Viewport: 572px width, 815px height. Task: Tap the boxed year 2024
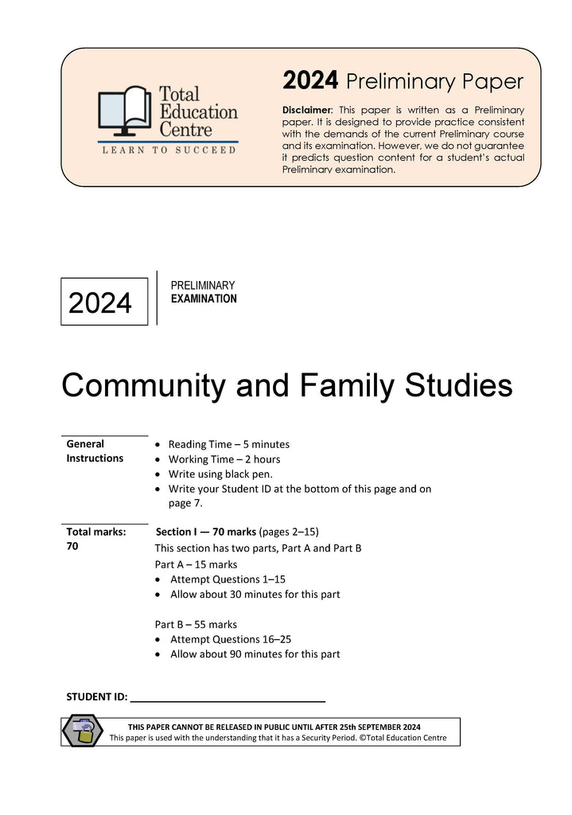[101, 303]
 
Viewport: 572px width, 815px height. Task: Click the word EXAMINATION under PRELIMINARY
[204, 299]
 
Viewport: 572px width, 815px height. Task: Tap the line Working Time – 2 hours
[224, 459]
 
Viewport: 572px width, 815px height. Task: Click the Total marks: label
[96, 532]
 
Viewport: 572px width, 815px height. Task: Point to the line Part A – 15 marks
[192, 564]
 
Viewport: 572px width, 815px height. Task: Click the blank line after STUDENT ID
[228, 698]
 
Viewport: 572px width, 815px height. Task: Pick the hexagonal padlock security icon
[83, 731]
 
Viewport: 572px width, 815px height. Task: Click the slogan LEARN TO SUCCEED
[167, 150]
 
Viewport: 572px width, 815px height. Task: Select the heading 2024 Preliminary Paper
[403, 81]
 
